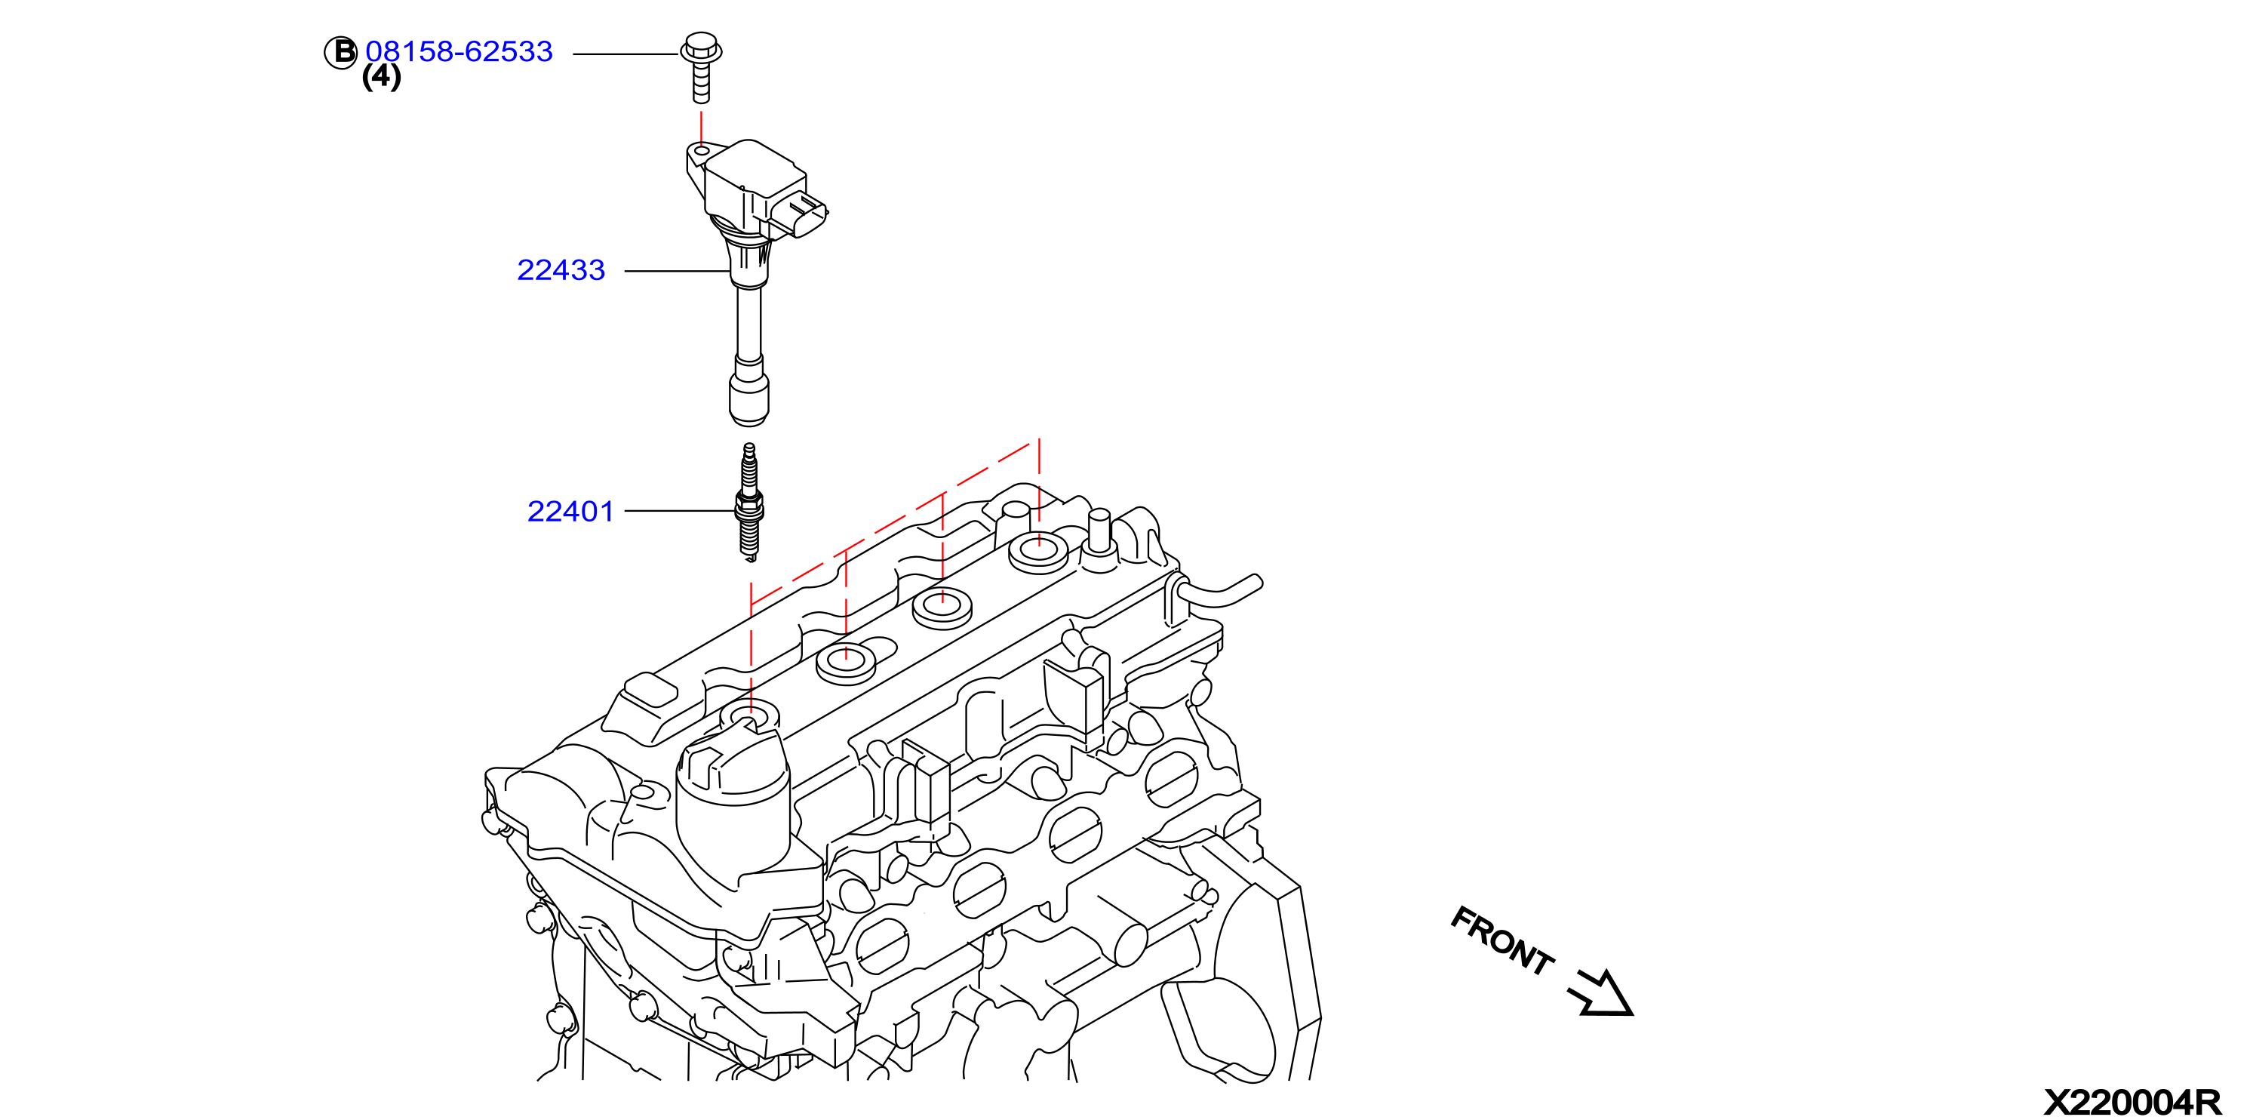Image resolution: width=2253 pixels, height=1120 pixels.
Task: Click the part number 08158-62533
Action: (x=460, y=51)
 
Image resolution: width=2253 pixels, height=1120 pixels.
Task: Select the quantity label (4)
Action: (x=381, y=77)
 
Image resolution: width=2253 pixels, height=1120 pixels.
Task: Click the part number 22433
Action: (x=561, y=270)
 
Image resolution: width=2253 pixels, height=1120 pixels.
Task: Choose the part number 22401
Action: (x=570, y=511)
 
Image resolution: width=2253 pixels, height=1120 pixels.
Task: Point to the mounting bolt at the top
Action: (x=700, y=67)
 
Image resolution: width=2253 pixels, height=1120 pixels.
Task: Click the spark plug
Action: (x=749, y=501)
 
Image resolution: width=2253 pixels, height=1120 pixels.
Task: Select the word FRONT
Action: (x=1501, y=941)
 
